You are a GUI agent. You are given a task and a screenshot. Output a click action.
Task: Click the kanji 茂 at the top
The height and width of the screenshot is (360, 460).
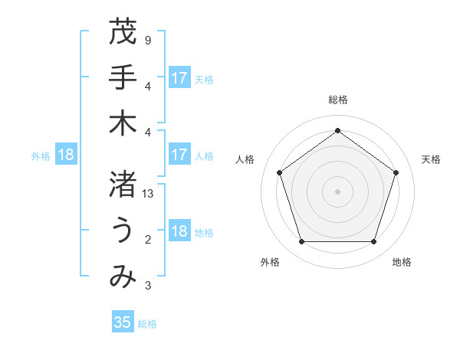click(123, 32)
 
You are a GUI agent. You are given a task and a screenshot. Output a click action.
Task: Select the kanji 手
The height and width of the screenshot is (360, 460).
click(123, 77)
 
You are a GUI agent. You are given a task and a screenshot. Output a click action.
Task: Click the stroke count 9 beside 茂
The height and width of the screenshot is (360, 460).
click(147, 40)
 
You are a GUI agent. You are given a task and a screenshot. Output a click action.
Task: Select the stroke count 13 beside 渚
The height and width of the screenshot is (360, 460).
click(149, 195)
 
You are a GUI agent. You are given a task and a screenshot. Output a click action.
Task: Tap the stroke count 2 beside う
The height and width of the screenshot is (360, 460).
click(147, 241)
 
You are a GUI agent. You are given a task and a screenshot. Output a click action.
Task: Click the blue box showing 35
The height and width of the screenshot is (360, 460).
click(123, 322)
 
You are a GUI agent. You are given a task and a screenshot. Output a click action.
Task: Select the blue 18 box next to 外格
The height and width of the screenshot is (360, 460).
click(65, 155)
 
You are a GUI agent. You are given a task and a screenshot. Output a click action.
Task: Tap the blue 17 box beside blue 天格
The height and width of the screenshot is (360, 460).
click(179, 78)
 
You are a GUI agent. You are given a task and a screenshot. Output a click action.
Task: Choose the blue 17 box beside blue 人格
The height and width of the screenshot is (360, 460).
click(179, 155)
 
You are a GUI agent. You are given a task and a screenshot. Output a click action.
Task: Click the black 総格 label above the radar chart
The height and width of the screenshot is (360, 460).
click(337, 100)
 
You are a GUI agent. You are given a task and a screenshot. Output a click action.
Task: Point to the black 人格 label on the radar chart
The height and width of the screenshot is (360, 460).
click(245, 159)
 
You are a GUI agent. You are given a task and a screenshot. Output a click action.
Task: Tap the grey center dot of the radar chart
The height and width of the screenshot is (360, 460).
click(337, 191)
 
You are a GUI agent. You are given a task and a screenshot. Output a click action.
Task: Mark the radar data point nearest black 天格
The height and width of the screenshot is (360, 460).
click(396, 172)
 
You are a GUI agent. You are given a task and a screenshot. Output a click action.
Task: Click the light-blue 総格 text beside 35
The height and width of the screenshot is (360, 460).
click(147, 324)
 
